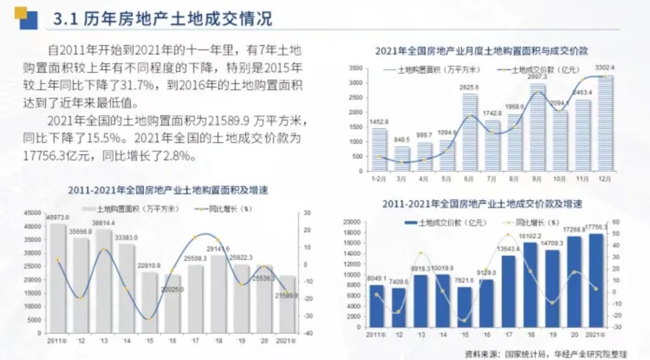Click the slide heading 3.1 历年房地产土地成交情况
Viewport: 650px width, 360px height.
[162, 19]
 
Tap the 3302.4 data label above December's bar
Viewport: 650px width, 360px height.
[604, 67]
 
